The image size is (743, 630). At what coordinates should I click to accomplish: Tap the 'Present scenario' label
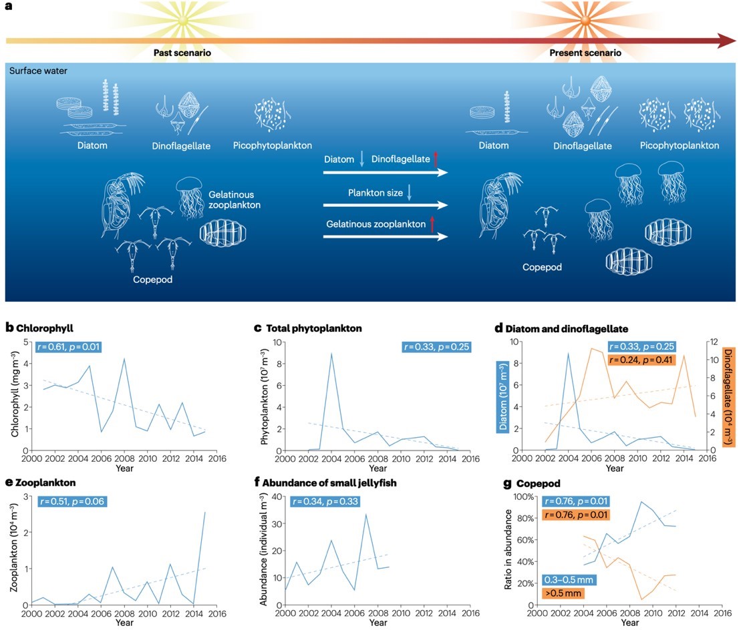click(585, 53)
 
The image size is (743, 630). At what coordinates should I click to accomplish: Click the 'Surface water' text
click(38, 71)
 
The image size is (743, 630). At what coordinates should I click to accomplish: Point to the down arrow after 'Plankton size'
click(409, 193)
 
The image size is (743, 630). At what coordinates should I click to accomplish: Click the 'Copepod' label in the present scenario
click(542, 267)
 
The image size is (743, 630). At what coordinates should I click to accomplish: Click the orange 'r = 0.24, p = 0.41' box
click(641, 360)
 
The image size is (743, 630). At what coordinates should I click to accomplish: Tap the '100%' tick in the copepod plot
click(518, 497)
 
